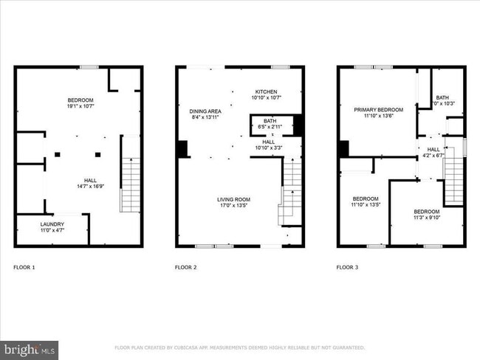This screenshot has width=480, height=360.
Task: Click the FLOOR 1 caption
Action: (24, 267)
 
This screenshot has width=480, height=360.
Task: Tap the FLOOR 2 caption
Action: (185, 267)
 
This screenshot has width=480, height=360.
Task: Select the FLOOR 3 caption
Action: (347, 267)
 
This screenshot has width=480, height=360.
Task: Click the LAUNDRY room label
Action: (52, 224)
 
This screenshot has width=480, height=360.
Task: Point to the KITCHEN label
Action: (266, 91)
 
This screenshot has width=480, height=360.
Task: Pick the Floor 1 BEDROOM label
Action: (80, 100)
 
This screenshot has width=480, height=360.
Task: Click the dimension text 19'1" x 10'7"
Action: (80, 106)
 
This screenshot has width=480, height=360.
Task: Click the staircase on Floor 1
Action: (130, 184)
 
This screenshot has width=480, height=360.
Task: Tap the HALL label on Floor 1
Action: (89, 180)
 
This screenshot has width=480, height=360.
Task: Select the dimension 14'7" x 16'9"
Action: (89, 187)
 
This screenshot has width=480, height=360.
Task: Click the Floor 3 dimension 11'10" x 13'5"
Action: (365, 205)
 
